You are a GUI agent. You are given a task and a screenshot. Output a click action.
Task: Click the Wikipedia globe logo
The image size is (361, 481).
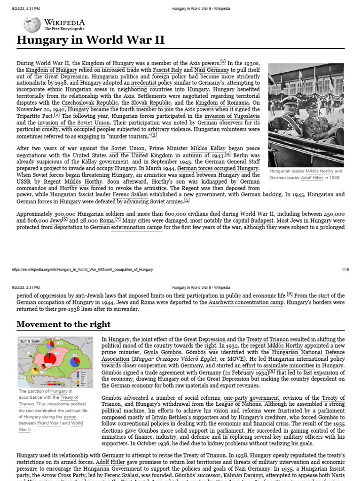32,24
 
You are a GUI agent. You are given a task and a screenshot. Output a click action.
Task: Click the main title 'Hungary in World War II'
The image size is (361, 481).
91,40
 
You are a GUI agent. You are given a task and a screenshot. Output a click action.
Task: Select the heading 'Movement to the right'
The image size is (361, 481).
63,324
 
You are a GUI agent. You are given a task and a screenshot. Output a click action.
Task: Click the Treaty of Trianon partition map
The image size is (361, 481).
56,361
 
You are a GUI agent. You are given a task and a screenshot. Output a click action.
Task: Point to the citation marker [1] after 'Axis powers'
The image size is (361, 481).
223,62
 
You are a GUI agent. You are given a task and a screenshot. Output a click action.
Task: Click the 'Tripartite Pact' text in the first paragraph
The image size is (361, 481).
35,115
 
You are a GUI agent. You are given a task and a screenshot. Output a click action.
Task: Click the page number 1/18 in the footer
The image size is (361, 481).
345,269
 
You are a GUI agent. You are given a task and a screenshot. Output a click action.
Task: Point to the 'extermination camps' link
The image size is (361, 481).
137,227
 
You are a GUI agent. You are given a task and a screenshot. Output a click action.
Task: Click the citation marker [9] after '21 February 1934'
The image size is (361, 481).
272,372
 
